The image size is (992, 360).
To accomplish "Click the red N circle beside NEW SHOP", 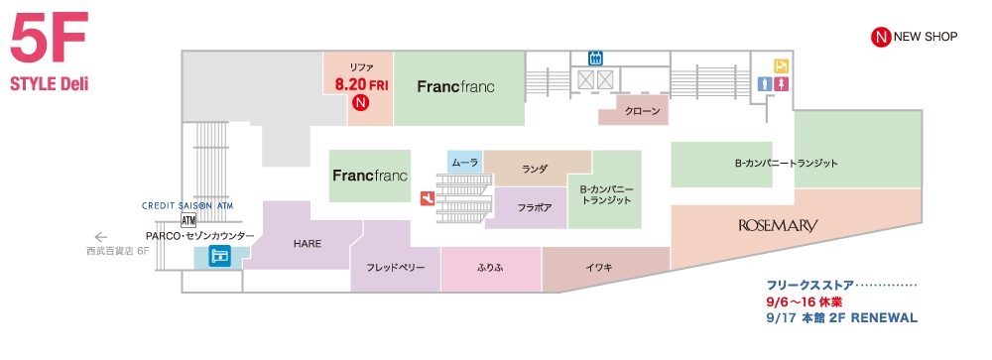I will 878,38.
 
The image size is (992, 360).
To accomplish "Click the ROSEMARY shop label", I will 778,226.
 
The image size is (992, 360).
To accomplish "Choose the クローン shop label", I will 642,111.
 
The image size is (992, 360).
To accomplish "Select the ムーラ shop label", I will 464,162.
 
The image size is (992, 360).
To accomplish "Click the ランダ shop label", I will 535,170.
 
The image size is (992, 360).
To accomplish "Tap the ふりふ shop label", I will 491,268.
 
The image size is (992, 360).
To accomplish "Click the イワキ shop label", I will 600,268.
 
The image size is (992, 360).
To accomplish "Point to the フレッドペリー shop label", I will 395,268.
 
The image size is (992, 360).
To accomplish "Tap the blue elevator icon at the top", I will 596,58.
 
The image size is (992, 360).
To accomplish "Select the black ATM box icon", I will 188,220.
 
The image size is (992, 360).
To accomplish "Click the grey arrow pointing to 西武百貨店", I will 99,237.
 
